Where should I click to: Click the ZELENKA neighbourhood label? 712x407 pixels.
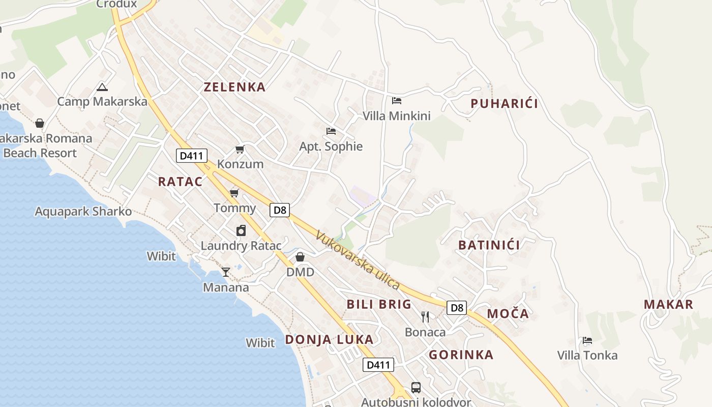(234, 87)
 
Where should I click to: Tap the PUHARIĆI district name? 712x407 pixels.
(504, 104)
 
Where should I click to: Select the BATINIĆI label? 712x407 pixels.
(489, 245)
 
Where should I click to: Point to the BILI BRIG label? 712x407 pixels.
(379, 304)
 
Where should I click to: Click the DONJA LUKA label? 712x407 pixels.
(329, 339)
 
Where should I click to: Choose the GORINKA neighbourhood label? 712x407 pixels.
(461, 355)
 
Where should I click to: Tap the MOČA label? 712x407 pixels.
(508, 314)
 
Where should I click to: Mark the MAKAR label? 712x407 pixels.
(668, 304)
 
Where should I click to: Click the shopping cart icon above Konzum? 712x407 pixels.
(240, 150)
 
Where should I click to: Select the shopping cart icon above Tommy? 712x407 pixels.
(234, 193)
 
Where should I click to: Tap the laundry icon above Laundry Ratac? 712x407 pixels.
(241, 230)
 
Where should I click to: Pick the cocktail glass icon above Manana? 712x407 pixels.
(226, 272)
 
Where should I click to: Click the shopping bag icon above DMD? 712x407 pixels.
(300, 257)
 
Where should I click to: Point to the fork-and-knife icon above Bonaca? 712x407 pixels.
(425, 317)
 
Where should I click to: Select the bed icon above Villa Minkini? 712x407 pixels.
(397, 101)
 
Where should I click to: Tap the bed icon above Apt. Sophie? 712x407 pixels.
(331, 131)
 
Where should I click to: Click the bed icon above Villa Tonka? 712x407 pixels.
(587, 340)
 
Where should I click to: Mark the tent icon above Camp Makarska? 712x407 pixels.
(102, 87)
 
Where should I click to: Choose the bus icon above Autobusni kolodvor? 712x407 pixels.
(416, 388)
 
